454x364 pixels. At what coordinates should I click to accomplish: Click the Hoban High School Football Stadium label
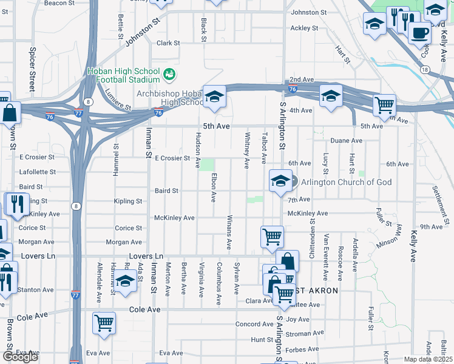124,75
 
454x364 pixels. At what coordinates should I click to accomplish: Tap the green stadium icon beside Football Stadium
169,75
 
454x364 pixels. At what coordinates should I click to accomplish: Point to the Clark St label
168,43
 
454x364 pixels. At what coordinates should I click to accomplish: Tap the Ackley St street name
304,28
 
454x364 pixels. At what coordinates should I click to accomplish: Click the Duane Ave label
347,141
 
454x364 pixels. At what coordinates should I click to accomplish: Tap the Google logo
20,357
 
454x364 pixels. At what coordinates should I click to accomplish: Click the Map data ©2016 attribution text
428,359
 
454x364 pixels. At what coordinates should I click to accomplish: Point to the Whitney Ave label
247,150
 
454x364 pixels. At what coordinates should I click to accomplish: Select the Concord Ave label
250,324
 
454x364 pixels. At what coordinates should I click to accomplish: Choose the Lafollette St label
37,172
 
